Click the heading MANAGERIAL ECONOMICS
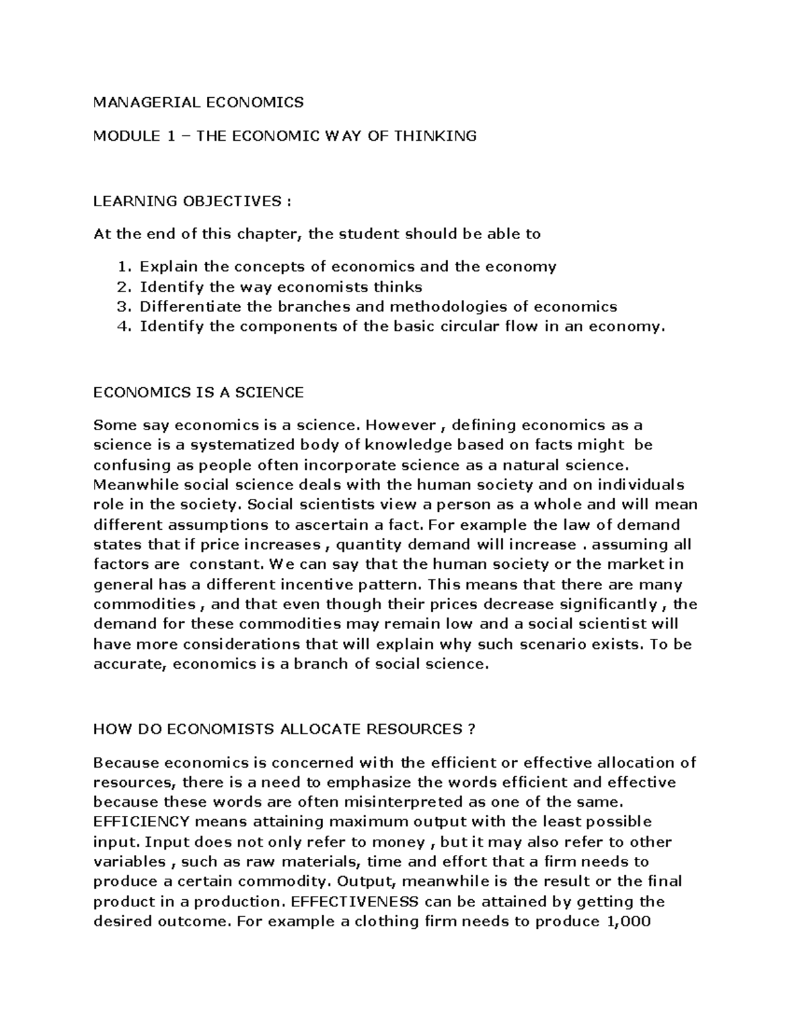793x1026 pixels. (x=198, y=102)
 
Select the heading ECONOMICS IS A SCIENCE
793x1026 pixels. (x=198, y=392)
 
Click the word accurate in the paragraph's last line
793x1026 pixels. (x=130, y=664)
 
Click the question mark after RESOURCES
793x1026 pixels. (x=471, y=729)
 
